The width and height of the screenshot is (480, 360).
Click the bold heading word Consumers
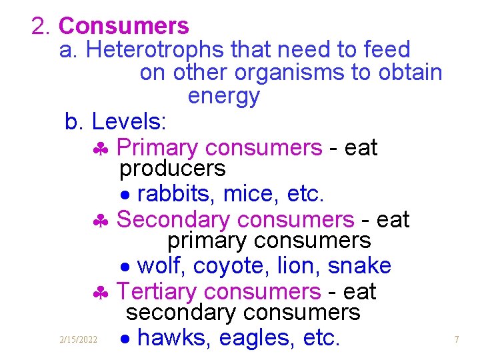tap(124, 27)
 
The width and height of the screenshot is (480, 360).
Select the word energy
tap(223, 97)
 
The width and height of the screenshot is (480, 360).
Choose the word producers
tap(173, 169)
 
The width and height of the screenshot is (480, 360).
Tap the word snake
tap(359, 266)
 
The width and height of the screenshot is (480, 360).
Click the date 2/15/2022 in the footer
tap(77, 340)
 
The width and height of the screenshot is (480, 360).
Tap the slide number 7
tap(457, 340)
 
